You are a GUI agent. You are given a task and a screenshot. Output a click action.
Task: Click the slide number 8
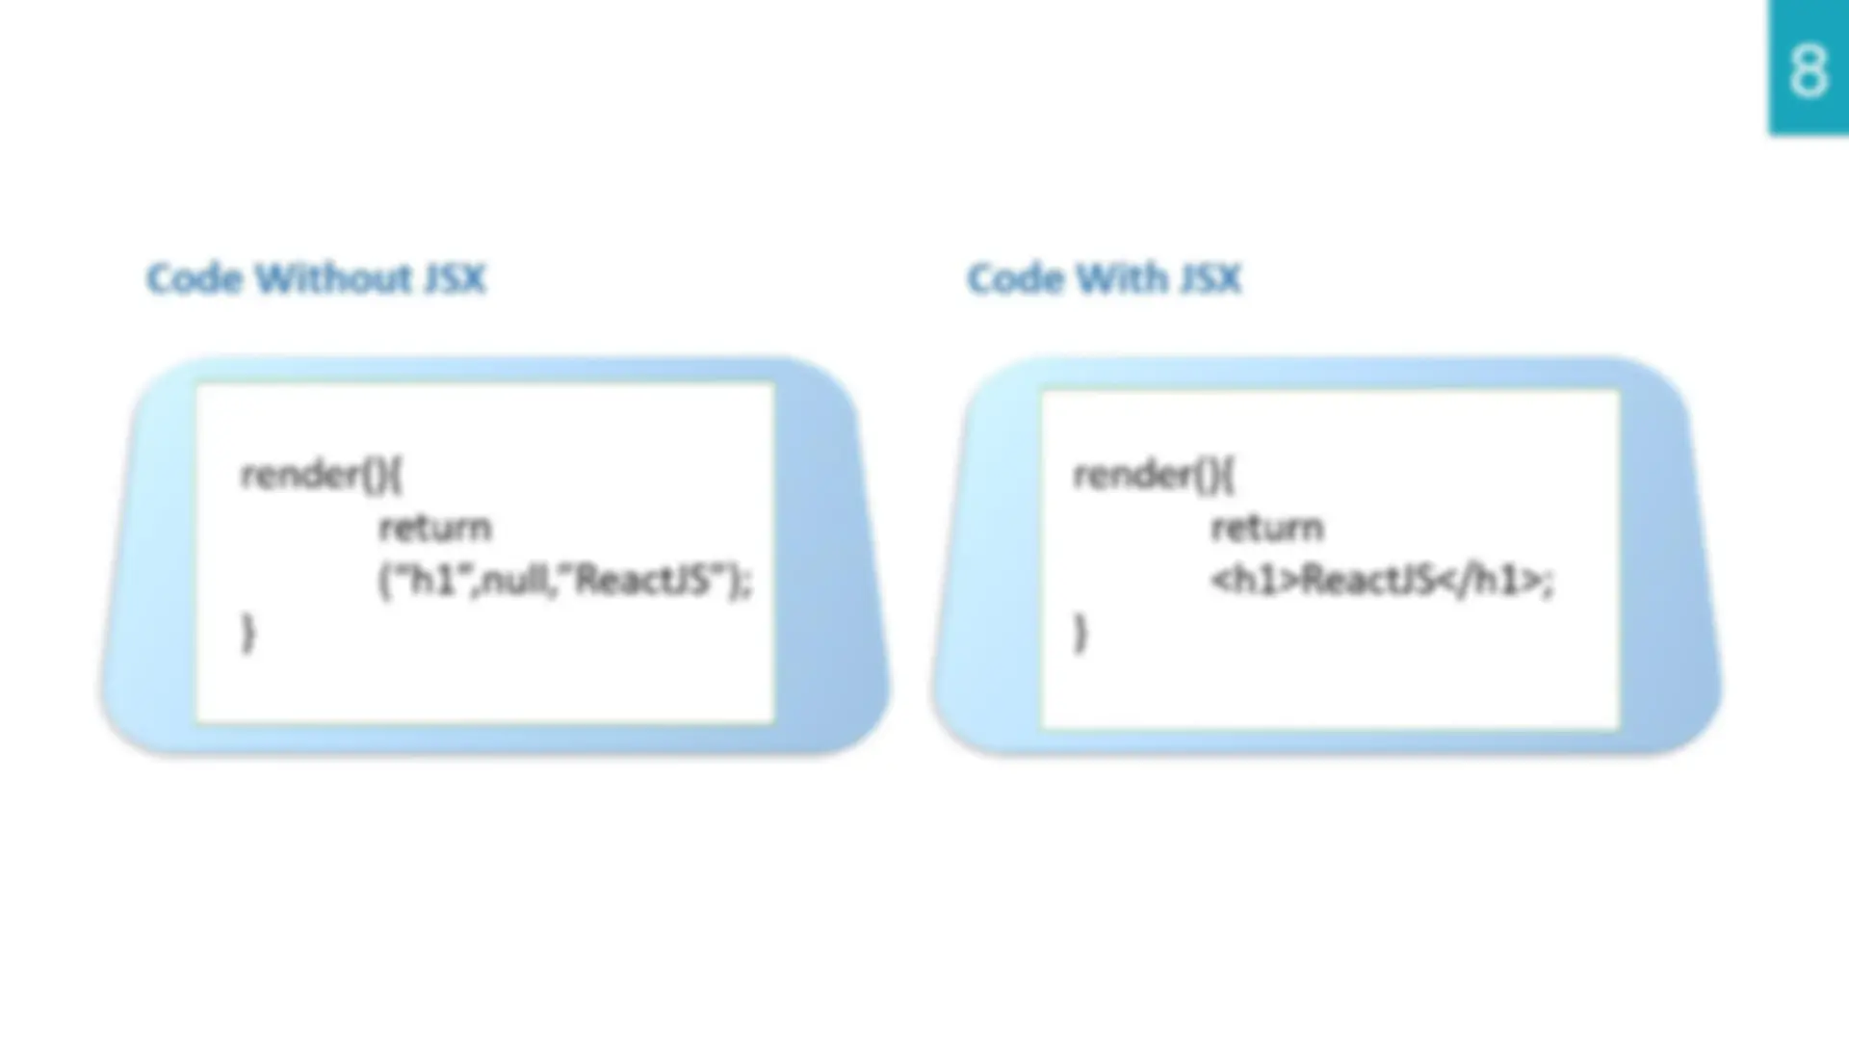1808,70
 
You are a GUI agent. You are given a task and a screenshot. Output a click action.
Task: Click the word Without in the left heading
333,278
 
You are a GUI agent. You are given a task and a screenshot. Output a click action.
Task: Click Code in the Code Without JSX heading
195,278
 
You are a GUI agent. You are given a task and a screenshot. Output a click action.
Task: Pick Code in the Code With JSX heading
1015,278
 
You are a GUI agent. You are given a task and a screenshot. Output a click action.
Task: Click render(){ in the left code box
322,475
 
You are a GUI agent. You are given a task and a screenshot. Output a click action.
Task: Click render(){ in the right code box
1154,475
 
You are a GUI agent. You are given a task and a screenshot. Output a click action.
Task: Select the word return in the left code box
435,528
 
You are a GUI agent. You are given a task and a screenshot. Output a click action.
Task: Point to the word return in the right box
1267,528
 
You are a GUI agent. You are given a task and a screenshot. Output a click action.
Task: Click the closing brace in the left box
248,634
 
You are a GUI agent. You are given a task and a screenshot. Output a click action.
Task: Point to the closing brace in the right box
1081,634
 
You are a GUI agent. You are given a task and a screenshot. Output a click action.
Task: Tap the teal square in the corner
1809,67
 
